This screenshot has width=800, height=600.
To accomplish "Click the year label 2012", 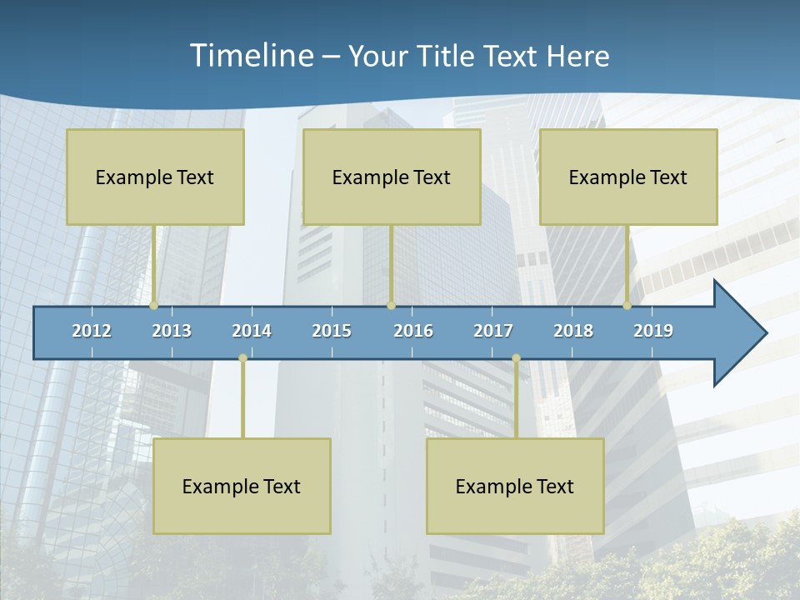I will coord(92,331).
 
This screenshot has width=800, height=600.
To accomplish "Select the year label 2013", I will coord(172,331).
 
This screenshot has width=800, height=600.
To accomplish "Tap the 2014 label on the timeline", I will coord(252,331).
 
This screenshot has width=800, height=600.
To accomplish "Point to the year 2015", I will coord(332,331).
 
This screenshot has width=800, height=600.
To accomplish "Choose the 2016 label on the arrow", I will coord(413,331).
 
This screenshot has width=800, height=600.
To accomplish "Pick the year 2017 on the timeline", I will coord(493,331).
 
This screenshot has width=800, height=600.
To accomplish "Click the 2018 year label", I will coord(573,331).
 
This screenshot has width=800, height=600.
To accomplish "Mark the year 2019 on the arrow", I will coord(653,331).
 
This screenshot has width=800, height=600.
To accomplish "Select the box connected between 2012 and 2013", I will coord(155,177).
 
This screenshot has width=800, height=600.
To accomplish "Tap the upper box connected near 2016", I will coord(392,177).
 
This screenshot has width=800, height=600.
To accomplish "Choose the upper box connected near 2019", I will coord(628,177).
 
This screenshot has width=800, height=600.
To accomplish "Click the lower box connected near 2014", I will coord(242,486).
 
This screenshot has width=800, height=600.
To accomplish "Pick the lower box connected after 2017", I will coord(515,486).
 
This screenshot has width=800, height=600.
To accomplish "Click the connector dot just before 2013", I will coord(154,306).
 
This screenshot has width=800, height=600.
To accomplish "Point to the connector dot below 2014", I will coord(242,358).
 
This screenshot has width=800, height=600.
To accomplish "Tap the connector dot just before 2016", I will coord(391,306).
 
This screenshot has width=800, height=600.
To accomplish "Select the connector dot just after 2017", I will coord(516,358).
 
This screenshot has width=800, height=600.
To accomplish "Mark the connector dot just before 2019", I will coord(627,306).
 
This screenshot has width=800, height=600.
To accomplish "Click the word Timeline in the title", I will coord(250,56).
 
